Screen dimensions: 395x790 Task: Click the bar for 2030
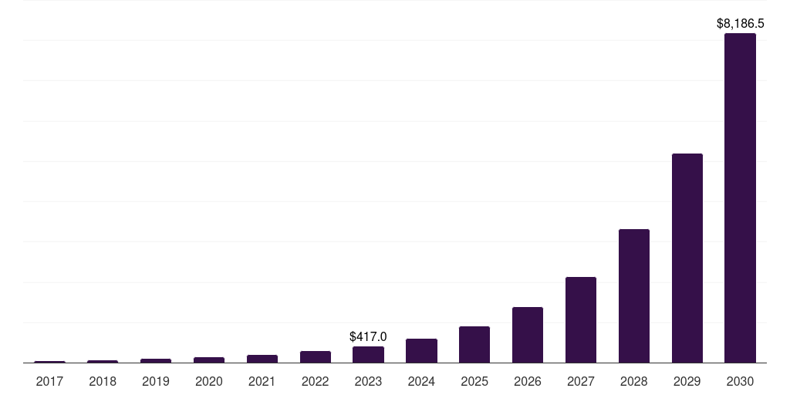[740, 197]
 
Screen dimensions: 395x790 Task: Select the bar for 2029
[687, 258]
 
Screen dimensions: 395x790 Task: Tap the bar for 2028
[633, 295]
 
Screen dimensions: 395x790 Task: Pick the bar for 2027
[580, 319]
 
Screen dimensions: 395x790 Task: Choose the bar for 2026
[528, 335]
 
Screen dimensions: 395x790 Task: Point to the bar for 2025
[474, 344]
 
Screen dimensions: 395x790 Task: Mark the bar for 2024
[421, 350]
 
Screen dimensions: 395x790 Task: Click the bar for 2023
[368, 354]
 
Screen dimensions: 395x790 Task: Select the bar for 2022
[316, 356]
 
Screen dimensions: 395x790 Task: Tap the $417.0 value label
[368, 336]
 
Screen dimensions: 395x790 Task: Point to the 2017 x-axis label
[49, 381]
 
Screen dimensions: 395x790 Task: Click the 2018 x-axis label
[103, 381]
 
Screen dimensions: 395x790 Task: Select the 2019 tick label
[156, 381]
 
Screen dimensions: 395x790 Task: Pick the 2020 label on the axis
[209, 381]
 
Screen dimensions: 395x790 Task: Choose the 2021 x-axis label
[262, 381]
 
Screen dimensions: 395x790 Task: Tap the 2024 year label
[421, 381]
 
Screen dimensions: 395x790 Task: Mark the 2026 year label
[528, 381]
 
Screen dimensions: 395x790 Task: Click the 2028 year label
[633, 381]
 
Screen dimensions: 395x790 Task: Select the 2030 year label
[740, 381]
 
